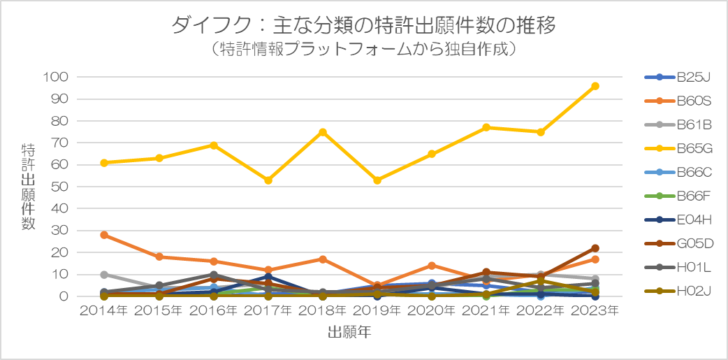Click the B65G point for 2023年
pos(595,86)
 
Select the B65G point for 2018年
pos(323,132)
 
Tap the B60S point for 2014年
pos(105,235)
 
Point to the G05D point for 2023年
pos(595,248)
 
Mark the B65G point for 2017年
pos(268,180)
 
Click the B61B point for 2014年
pos(105,275)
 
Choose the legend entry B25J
pos(678,77)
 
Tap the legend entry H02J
pos(678,291)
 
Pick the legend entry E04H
pos(678,219)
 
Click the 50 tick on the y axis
pos(61,187)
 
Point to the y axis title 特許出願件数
pos(28,187)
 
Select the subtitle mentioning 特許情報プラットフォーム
pos(363,50)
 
